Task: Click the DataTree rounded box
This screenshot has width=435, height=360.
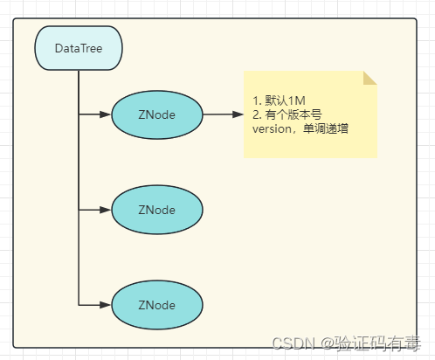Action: tap(79, 48)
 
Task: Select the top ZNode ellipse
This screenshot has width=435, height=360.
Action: tap(157, 114)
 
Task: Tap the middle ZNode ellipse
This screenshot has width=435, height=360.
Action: tap(157, 210)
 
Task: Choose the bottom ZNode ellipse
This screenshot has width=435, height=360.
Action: tap(157, 305)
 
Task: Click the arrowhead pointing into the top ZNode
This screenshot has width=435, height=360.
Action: tap(105, 114)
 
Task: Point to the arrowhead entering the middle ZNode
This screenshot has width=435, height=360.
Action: tap(105, 210)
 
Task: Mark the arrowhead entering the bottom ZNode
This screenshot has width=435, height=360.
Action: tap(105, 305)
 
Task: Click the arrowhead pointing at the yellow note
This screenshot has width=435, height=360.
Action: tap(238, 114)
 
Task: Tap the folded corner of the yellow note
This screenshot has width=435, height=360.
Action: tap(370, 78)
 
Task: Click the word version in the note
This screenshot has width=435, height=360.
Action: tap(272, 129)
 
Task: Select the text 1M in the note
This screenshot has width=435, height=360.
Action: tap(297, 100)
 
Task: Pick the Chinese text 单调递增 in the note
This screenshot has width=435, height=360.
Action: tap(326, 128)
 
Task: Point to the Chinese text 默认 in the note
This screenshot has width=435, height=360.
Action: tap(276, 100)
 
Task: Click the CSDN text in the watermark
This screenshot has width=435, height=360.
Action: tap(293, 343)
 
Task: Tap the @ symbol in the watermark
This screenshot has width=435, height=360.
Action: tap(328, 343)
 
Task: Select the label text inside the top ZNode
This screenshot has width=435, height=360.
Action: tap(157, 114)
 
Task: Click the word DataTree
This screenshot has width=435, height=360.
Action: tap(79, 48)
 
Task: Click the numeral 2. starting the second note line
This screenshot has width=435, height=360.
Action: tap(257, 114)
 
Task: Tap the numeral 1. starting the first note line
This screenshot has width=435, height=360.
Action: tap(257, 100)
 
